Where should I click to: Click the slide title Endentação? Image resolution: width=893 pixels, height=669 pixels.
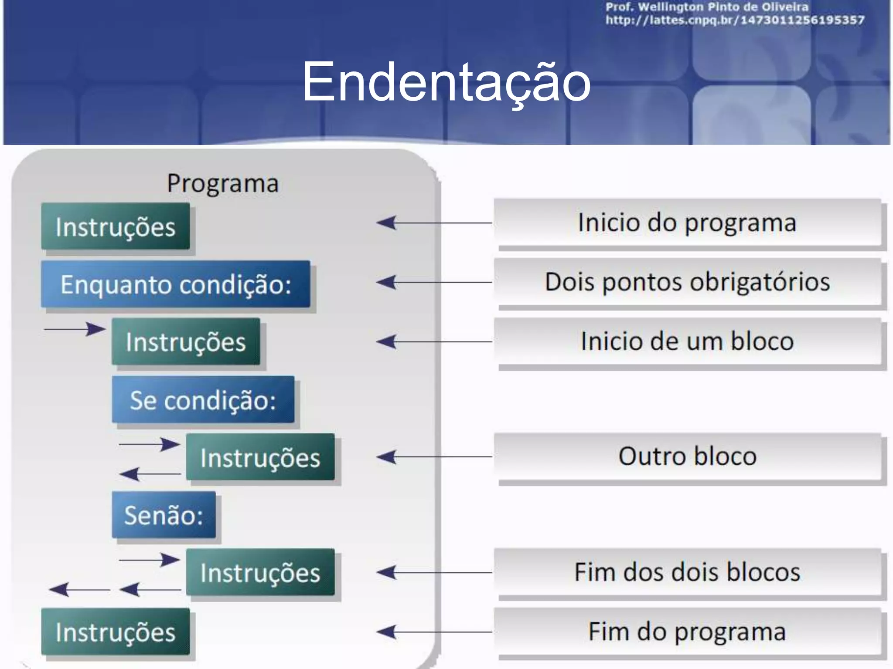click(446, 82)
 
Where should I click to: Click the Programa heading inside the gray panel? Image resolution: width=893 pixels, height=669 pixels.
click(223, 183)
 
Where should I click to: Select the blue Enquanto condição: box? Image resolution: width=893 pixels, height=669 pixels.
click(176, 284)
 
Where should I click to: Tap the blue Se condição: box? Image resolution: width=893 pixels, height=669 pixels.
click(203, 399)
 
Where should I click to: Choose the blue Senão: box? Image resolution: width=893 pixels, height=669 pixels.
click(164, 515)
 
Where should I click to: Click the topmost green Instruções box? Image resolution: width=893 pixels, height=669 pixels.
click(116, 226)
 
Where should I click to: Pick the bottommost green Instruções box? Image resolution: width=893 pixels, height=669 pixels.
click(116, 632)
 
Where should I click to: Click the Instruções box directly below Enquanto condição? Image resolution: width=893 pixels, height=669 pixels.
click(186, 341)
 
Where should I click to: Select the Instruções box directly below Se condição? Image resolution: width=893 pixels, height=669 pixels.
click(260, 457)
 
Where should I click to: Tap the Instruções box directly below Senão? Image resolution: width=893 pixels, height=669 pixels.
click(260, 572)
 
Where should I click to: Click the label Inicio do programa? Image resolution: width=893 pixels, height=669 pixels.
click(687, 223)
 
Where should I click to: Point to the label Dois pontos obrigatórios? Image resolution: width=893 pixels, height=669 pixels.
click(687, 282)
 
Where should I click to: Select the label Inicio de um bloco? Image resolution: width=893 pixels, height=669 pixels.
click(687, 341)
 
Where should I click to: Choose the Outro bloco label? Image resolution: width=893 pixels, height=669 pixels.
click(687, 456)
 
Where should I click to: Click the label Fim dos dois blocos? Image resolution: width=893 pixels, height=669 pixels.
click(687, 572)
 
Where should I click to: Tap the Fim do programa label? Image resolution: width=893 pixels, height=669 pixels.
click(687, 632)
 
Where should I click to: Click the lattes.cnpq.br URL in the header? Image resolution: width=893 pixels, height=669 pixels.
click(735, 20)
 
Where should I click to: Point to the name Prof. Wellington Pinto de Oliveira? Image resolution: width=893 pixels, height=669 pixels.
click(707, 7)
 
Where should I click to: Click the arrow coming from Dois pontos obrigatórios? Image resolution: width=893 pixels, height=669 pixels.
click(434, 282)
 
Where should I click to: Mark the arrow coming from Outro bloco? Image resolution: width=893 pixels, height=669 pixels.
click(434, 457)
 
